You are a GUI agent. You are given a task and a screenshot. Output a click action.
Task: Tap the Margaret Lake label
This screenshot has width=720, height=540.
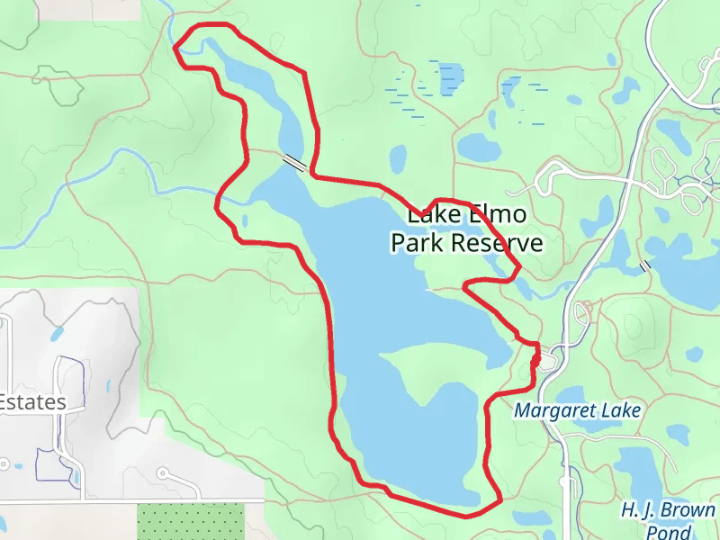click(x=577, y=411)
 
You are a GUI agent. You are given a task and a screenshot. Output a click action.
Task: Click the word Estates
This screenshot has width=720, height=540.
click(x=33, y=402)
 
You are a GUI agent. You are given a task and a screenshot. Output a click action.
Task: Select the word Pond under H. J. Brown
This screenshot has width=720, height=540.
click(x=668, y=531)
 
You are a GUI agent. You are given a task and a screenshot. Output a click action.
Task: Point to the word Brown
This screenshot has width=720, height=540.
click(x=688, y=510)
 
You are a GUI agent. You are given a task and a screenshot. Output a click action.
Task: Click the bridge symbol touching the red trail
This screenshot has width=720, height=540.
click(x=294, y=162)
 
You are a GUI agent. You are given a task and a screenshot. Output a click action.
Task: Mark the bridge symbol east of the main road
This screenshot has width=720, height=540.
click(x=644, y=266)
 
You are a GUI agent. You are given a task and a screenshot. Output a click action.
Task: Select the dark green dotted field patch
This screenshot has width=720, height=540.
click(x=191, y=522)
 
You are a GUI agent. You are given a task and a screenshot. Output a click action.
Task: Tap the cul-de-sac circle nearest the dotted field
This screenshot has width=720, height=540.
click(x=163, y=472)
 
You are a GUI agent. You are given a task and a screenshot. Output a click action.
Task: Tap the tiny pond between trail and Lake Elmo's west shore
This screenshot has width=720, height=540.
click(x=245, y=220)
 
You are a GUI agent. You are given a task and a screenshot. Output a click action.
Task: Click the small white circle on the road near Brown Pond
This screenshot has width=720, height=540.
click(x=564, y=481)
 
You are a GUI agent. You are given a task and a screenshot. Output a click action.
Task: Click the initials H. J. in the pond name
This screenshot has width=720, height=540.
click(x=637, y=510)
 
